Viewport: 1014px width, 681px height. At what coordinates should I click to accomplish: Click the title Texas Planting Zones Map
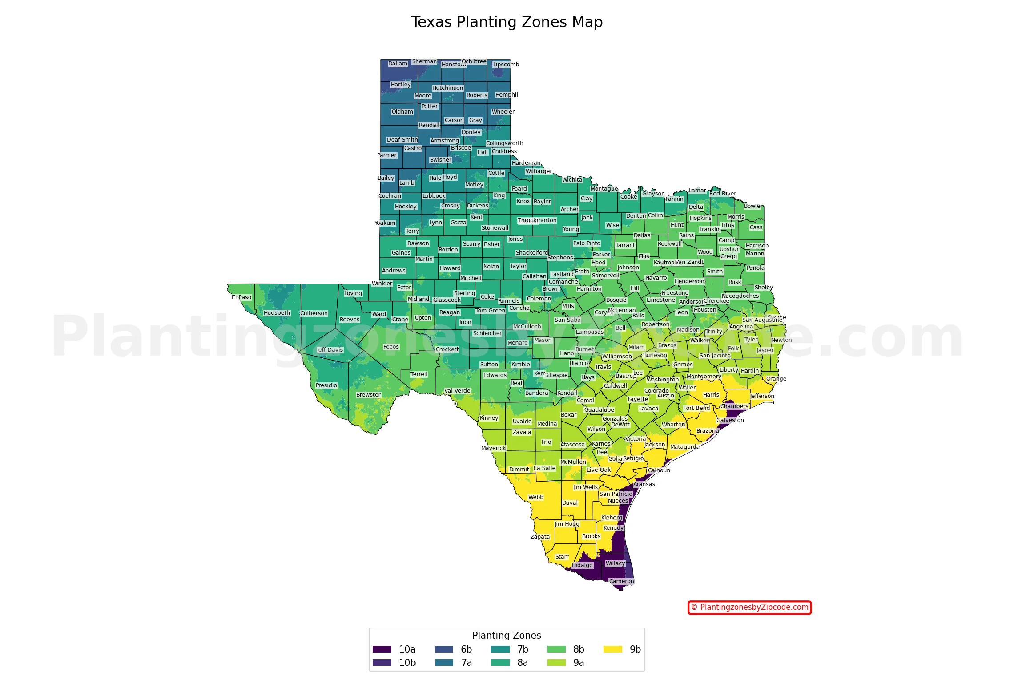507,22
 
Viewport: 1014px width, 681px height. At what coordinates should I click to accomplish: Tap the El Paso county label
241,297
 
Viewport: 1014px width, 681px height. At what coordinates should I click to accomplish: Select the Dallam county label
398,64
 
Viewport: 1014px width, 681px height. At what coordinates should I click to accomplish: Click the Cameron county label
621,581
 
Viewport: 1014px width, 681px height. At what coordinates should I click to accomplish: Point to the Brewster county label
368,395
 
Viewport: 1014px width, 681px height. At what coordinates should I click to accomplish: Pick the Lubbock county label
434,196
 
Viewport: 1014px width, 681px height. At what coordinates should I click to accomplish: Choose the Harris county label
711,395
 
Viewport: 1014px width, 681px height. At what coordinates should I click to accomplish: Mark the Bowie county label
752,206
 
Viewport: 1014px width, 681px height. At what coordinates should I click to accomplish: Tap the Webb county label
535,497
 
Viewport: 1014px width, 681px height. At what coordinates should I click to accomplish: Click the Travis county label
603,367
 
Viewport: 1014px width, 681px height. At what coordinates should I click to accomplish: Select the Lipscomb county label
506,65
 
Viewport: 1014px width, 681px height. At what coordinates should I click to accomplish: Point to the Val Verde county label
457,391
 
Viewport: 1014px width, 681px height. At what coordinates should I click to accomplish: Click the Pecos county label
391,347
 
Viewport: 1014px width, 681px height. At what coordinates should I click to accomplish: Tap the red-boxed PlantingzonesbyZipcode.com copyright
749,607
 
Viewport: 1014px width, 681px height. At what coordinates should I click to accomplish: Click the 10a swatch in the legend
382,649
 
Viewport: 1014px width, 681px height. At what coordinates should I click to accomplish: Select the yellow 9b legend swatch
612,649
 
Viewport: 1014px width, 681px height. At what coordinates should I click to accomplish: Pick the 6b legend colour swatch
444,649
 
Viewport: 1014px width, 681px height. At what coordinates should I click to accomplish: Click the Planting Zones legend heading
507,635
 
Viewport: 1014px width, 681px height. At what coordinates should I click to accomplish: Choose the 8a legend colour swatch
500,662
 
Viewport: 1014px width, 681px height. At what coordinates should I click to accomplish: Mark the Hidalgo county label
582,565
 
